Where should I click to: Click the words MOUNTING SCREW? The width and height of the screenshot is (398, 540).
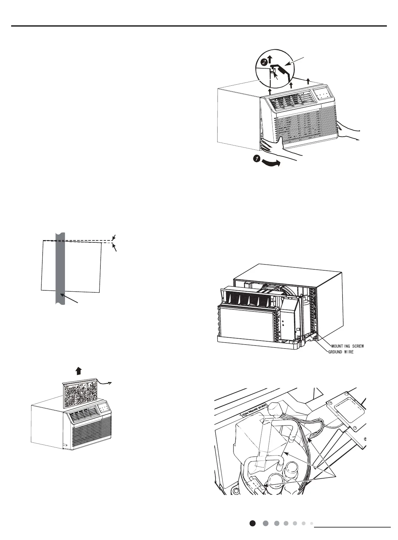point(347,346)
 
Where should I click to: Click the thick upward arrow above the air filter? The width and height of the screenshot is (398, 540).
point(78,371)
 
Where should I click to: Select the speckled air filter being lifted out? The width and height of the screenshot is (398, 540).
point(79,395)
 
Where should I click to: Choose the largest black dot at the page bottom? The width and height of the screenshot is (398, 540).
point(252,523)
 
